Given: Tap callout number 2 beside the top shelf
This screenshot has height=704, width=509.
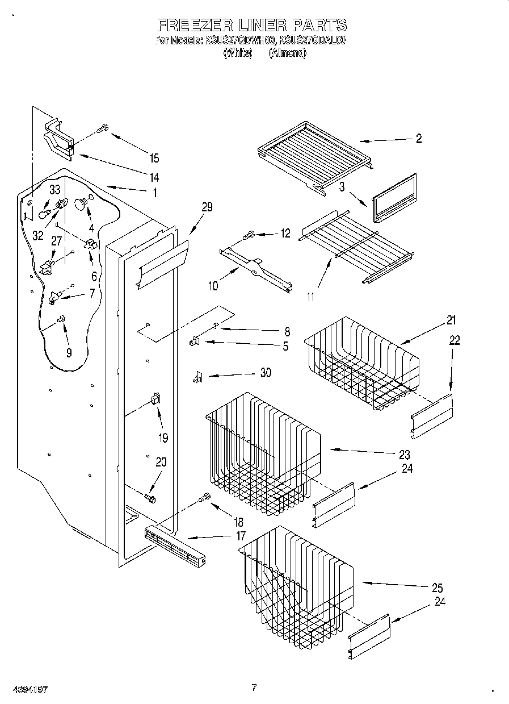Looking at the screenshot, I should click(419, 139).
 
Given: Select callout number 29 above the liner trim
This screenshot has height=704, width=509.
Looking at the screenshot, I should click(207, 207).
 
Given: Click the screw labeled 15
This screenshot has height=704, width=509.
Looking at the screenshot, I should click(103, 129).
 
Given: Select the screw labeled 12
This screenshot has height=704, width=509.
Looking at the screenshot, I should click(249, 234).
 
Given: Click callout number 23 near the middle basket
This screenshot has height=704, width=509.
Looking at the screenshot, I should click(405, 455).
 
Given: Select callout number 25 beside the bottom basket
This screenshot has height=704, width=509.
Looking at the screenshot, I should click(436, 588).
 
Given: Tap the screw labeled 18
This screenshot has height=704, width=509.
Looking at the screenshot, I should click(204, 498).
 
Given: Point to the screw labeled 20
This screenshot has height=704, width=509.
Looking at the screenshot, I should click(150, 498).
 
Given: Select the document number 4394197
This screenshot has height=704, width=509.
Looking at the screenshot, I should click(24, 689).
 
